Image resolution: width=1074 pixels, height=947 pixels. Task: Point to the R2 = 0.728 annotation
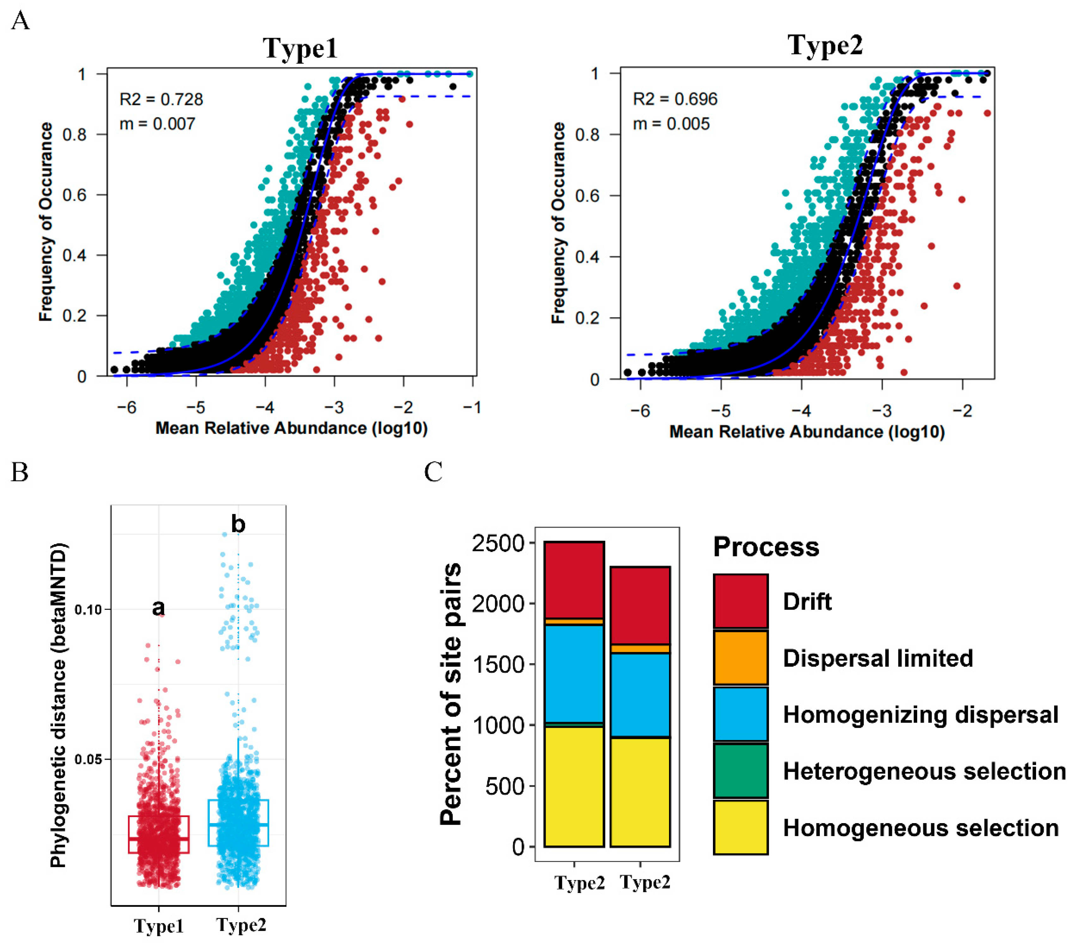click(x=161, y=99)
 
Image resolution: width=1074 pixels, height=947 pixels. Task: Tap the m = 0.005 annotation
click(x=671, y=124)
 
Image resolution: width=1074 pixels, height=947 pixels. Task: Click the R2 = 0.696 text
click(x=675, y=99)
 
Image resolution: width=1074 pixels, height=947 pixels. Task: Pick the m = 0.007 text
click(x=157, y=124)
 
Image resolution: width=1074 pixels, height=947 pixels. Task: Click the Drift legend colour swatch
click(x=740, y=601)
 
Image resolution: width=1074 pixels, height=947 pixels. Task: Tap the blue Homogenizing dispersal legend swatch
click(x=740, y=714)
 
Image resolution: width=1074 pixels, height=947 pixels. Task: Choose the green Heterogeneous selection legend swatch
click(x=740, y=770)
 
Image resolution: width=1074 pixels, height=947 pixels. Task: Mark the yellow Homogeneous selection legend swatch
click(x=740, y=827)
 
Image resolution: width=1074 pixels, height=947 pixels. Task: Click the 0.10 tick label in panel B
click(x=88, y=610)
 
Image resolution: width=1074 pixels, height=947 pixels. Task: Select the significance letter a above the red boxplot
click(x=158, y=607)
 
